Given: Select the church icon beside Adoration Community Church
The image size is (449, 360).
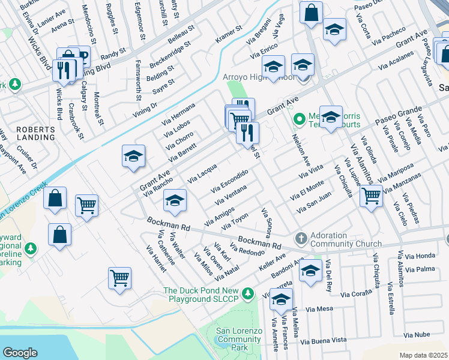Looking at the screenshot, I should click(x=301, y=239).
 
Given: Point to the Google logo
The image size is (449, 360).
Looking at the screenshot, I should click(x=20, y=352).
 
